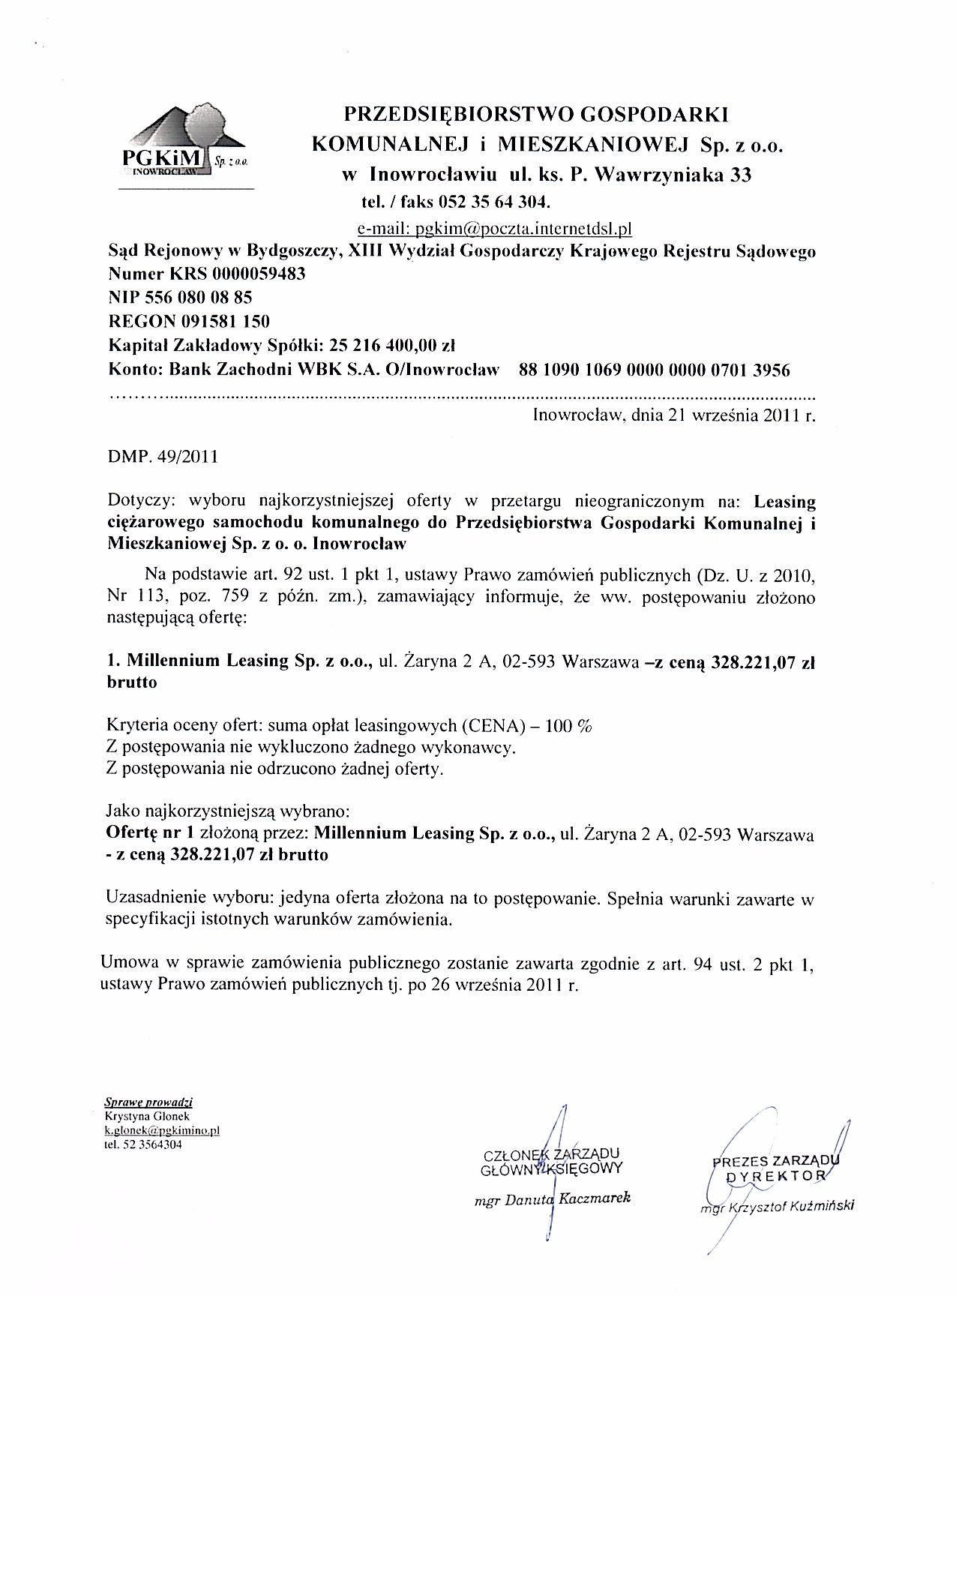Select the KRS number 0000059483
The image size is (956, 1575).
pyautogui.click(x=259, y=274)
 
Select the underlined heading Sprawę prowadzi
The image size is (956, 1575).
pyautogui.click(x=148, y=1103)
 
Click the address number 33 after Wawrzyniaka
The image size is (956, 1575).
pyautogui.click(x=739, y=175)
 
